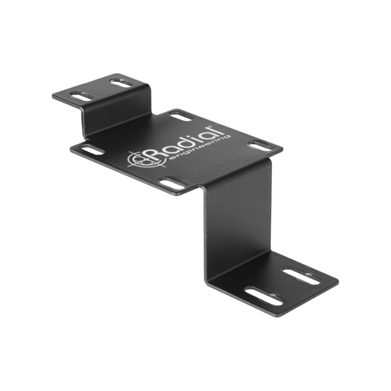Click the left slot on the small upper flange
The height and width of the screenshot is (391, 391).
81,96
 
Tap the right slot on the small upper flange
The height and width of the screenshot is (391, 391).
120,83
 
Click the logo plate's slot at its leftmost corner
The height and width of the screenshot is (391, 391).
92,150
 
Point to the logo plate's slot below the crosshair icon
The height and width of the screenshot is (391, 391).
172,183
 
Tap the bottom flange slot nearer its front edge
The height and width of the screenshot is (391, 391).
264,296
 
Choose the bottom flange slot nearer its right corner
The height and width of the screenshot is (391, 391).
301,276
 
